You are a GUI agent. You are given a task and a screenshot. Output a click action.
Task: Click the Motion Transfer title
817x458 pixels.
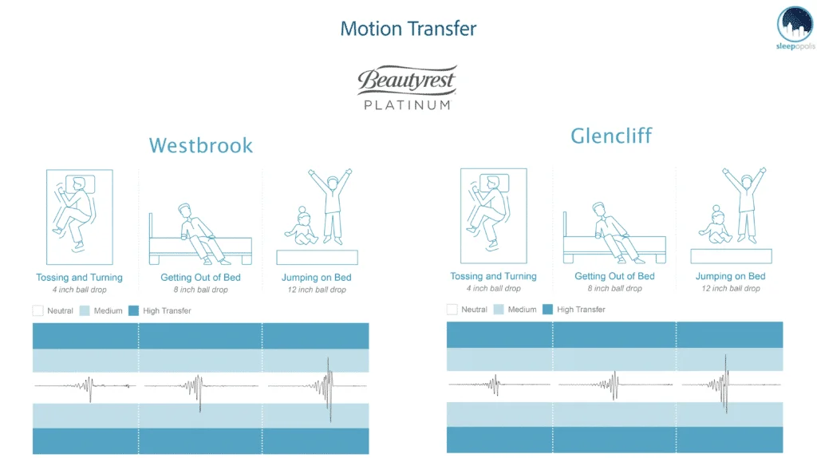(408, 30)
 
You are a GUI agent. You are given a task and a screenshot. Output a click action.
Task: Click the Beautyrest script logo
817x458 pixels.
(407, 81)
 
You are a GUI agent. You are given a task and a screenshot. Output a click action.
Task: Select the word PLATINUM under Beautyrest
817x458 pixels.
(407, 105)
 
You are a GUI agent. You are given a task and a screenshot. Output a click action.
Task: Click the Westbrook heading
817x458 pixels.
(201, 145)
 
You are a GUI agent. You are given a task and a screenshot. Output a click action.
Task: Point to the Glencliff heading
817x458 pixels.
(612, 136)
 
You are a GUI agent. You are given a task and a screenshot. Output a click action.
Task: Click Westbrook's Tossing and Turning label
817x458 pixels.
(79, 278)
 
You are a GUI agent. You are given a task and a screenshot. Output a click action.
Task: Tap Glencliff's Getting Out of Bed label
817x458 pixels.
(614, 276)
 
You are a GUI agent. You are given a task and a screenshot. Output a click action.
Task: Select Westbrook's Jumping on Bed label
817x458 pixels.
(317, 278)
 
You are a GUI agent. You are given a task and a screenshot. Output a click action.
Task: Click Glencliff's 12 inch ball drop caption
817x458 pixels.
(731, 288)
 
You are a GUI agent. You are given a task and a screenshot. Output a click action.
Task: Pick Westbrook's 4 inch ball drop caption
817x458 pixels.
(79, 289)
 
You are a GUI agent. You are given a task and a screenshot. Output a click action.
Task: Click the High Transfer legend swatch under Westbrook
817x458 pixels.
(133, 310)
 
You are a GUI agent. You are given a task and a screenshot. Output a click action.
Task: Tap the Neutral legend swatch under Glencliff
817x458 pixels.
(452, 310)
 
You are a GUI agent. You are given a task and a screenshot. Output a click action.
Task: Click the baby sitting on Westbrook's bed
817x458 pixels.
(302, 227)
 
